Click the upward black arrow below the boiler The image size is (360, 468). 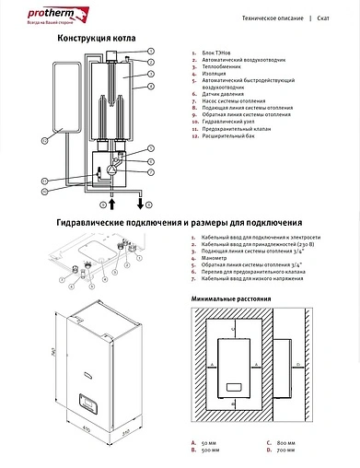[114, 200]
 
